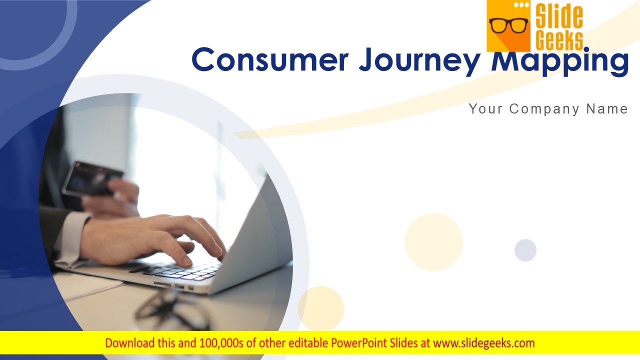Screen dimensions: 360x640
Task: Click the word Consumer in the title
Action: click(270, 60)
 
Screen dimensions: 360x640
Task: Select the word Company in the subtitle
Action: click(547, 109)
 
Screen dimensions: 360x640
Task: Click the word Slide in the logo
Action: click(559, 17)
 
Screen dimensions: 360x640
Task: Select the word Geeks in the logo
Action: click(559, 40)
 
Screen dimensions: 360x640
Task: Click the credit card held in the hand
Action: click(92, 177)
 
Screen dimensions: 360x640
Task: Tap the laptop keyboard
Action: click(185, 271)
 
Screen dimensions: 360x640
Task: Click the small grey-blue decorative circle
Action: click(525, 250)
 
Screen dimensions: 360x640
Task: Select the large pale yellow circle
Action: click(433, 242)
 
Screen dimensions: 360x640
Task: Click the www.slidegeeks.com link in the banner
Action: click(483, 343)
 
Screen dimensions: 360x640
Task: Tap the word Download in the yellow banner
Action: click(129, 343)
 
